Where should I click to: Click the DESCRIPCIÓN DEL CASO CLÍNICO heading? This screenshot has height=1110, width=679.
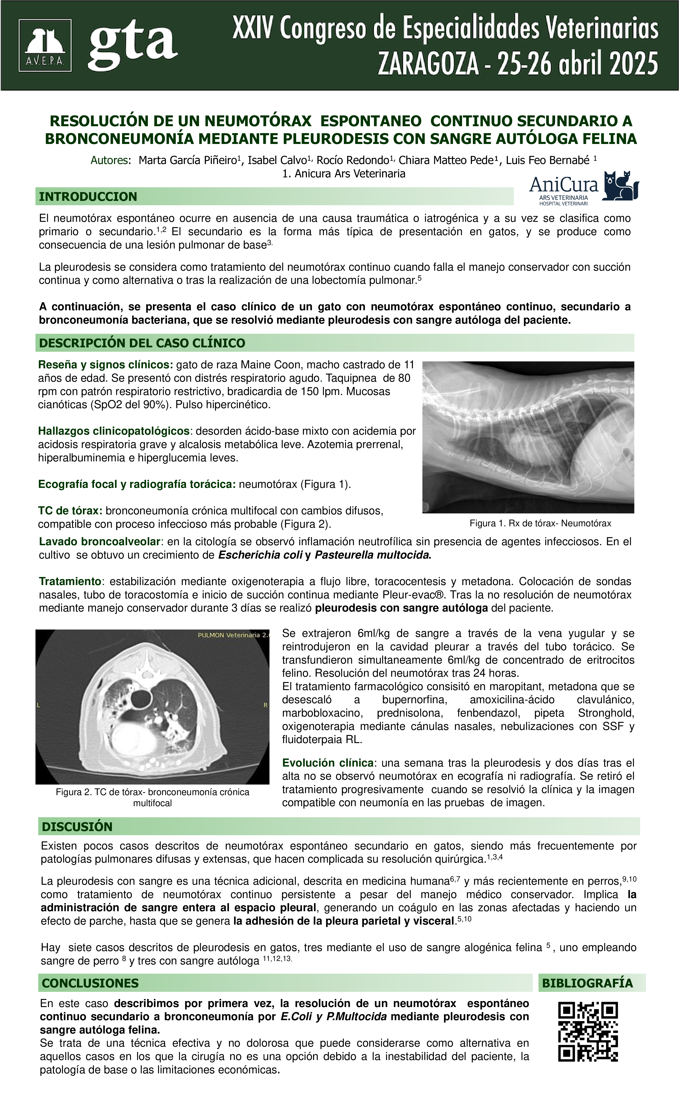click(142, 343)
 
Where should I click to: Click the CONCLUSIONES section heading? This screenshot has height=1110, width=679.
click(90, 983)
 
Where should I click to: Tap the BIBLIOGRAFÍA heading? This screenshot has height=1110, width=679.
click(587, 983)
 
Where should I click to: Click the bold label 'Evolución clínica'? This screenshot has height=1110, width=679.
click(328, 763)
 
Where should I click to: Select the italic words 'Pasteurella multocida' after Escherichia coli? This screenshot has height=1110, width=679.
click(371, 555)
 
